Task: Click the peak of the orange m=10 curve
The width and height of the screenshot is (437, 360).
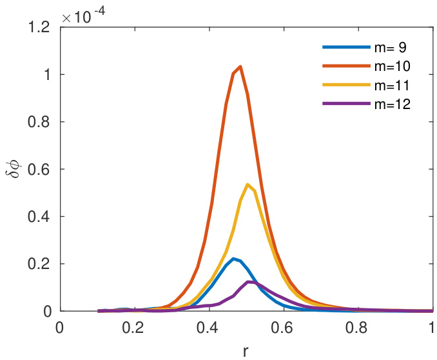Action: [240, 66]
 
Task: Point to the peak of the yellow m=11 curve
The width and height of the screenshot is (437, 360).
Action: [248, 185]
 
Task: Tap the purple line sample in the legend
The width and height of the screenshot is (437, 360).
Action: [338, 101]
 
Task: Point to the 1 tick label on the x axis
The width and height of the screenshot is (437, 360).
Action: [431, 327]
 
